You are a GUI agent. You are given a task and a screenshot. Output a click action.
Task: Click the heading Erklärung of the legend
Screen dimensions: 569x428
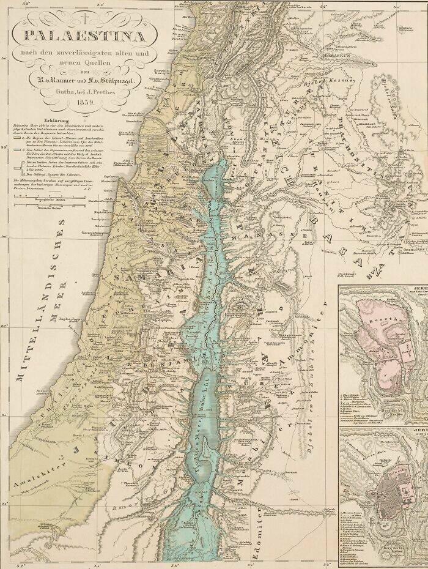pyautogui.click(x=32, y=114)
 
